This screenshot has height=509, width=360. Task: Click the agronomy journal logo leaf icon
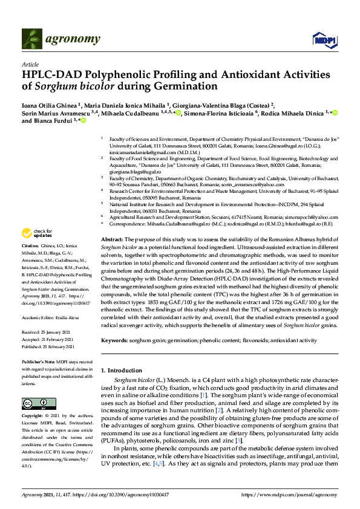tap(33, 39)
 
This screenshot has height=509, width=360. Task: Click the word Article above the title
tap(30, 63)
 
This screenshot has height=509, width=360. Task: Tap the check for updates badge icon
tap(26, 233)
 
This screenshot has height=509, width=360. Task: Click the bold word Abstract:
tap(113, 240)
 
